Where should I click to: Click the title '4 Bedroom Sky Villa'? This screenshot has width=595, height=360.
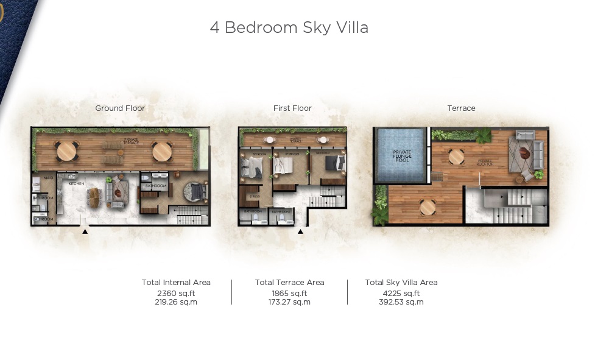coord(289,28)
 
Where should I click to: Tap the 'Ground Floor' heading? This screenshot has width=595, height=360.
coord(120,108)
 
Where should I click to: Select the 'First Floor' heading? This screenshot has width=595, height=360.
coord(292,108)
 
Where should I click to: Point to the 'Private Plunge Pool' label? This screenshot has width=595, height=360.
coord(402,155)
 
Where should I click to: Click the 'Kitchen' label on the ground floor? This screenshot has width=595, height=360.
coord(76,183)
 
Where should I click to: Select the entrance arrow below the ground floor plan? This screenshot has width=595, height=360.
coord(85,231)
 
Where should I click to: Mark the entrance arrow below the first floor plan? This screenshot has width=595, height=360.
coord(300,231)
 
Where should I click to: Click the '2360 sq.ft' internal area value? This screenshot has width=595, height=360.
coord(176,293)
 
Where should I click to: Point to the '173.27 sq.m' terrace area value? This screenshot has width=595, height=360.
coord(290,302)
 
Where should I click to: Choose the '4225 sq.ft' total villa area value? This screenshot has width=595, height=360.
coord(401,293)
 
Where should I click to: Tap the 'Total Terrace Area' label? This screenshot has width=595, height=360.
coord(290,283)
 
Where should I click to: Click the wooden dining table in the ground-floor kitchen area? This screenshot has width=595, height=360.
coord(94,195)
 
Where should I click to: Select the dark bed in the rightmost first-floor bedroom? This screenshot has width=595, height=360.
coord(334,163)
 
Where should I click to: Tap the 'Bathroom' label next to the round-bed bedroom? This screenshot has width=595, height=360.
coord(156,186)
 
